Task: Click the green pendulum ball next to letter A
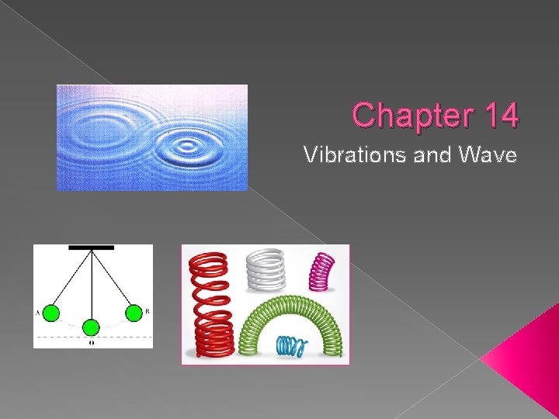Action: pyautogui.click(x=50, y=313)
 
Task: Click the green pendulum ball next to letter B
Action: pyautogui.click(x=134, y=313)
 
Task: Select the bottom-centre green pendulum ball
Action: pyautogui.click(x=92, y=327)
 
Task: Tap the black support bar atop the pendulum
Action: pyautogui.click(x=92, y=248)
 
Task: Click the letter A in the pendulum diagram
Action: pyautogui.click(x=36, y=313)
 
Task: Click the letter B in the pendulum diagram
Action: pyautogui.click(x=148, y=312)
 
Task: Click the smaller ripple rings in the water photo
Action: pyautogui.click(x=186, y=145)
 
